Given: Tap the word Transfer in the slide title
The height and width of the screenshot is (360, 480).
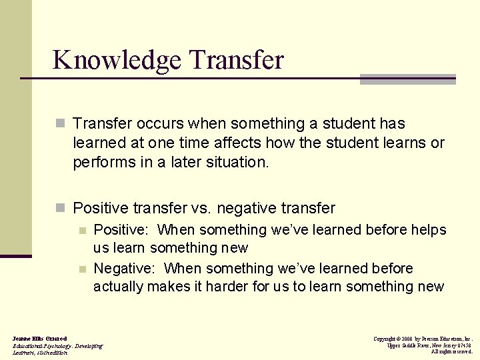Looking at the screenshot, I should [236, 59].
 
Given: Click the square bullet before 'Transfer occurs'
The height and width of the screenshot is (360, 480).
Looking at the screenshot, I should [61, 124].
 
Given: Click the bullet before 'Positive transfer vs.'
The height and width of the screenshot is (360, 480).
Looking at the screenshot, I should [61, 209].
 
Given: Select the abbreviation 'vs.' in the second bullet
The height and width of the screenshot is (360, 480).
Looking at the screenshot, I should [201, 209].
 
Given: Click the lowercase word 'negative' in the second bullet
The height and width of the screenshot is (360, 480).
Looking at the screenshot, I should [246, 209].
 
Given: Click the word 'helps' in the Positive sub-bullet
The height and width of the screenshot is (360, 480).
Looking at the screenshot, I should [429, 230].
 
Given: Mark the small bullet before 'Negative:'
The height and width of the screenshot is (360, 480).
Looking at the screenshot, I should [82, 269].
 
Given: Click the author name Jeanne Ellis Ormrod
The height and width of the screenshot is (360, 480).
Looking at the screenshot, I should [39, 339].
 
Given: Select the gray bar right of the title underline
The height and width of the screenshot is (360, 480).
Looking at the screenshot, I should [407, 79].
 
